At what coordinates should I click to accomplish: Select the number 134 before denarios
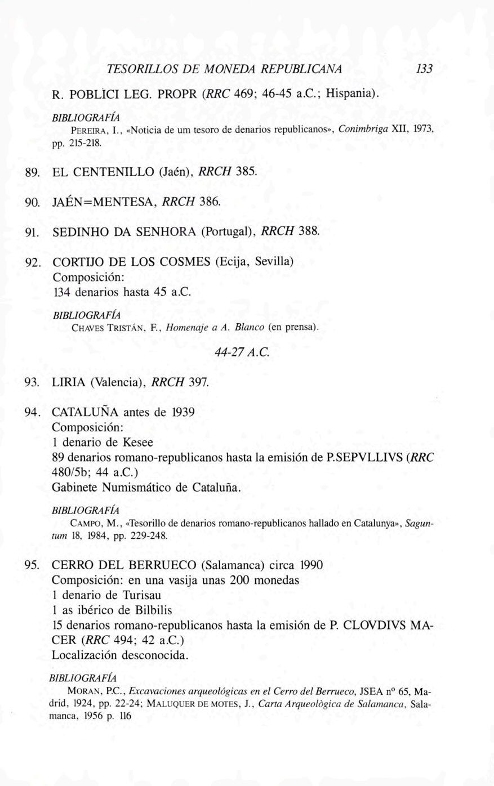click(61, 293)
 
